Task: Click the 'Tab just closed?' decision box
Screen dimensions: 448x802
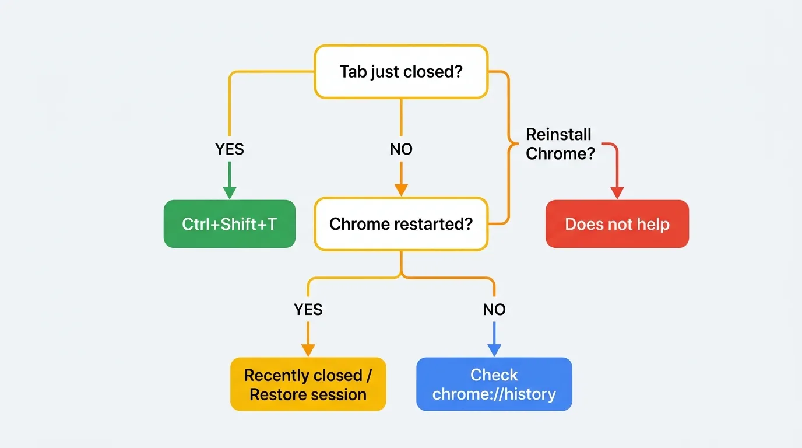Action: tap(401, 72)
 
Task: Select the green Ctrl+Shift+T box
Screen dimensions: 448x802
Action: tap(230, 224)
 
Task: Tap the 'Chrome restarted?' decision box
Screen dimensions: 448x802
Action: tap(401, 224)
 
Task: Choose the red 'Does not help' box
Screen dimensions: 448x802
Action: tap(617, 224)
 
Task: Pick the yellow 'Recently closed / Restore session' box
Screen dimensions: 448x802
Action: tap(308, 384)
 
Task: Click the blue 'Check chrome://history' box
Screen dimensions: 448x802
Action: tap(494, 384)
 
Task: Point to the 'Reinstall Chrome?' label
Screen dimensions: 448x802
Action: tap(559, 143)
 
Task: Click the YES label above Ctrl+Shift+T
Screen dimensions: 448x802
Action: tap(230, 149)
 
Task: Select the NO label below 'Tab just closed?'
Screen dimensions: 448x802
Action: tap(401, 149)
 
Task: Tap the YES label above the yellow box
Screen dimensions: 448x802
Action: tap(308, 309)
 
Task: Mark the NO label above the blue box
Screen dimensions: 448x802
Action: tap(494, 309)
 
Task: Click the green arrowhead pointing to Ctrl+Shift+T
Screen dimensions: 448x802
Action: tap(230, 192)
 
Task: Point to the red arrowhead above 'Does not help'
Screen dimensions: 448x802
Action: tap(617, 192)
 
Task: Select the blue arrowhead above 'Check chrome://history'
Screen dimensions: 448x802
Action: tap(494, 349)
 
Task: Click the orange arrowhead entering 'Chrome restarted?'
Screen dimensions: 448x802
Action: tap(401, 190)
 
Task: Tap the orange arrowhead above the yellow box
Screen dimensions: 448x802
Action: tap(308, 349)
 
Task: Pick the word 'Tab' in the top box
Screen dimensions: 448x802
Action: tap(353, 72)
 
